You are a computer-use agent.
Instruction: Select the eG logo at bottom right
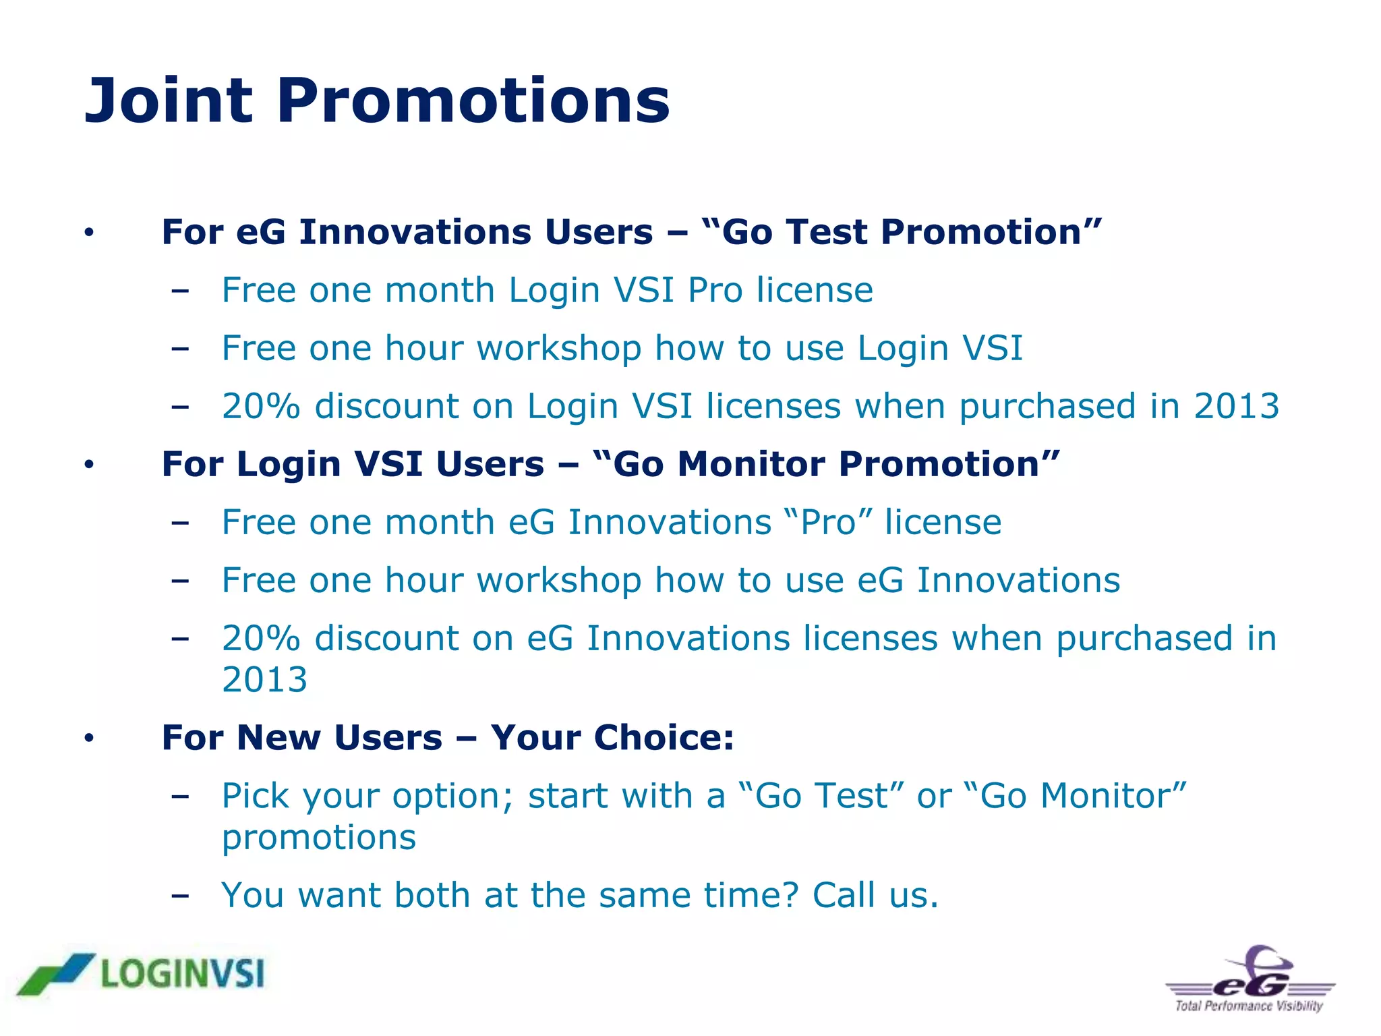point(1252,980)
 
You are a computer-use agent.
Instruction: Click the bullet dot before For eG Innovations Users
point(89,233)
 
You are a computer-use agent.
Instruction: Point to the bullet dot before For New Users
point(89,739)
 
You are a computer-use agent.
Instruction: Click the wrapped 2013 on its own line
point(265,679)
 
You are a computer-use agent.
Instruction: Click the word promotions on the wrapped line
point(319,838)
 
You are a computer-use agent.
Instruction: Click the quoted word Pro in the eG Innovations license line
point(829,522)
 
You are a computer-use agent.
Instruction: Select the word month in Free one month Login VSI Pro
point(440,290)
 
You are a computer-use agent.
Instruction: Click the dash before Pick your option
point(179,796)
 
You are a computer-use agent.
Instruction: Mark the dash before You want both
point(179,896)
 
